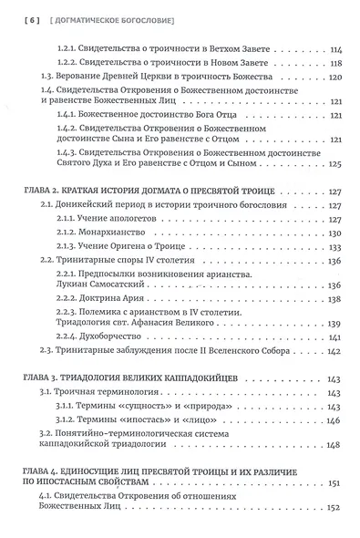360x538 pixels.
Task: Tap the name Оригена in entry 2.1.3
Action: click(x=157, y=250)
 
